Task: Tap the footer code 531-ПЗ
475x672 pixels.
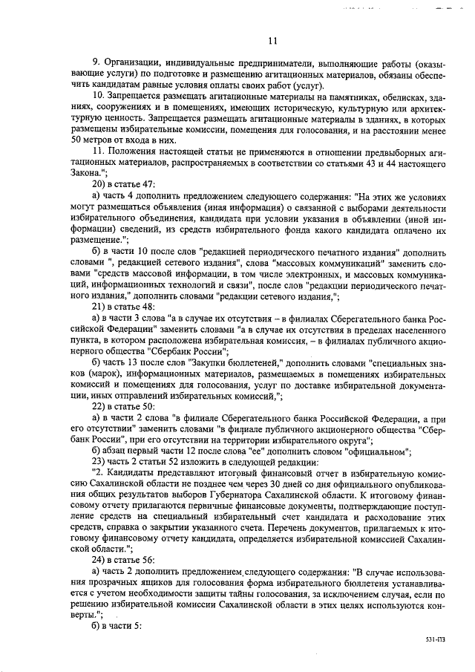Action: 436,638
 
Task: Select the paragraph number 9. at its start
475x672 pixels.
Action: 96,63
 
